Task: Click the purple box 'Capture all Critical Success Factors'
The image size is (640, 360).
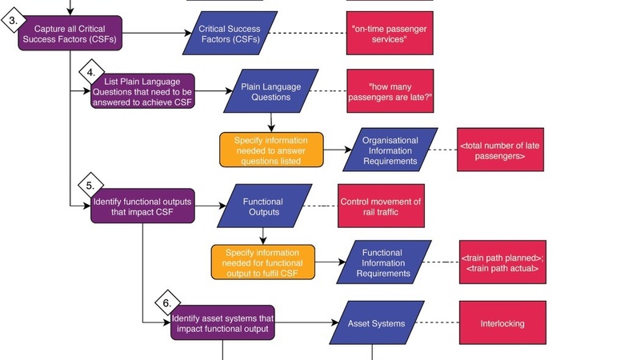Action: pyautogui.click(x=70, y=34)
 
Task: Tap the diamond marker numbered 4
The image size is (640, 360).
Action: pyautogui.click(x=91, y=72)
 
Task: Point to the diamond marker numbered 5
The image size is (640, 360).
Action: pyautogui.click(x=90, y=186)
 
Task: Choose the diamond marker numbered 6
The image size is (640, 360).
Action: pyautogui.click(x=166, y=303)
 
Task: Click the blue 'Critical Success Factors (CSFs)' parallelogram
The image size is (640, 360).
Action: pyautogui.click(x=230, y=34)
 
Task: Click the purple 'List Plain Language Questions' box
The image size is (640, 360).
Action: pyautogui.click(x=142, y=91)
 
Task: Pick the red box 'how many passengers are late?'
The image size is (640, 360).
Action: pyautogui.click(x=390, y=91)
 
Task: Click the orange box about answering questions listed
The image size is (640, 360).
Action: pyautogui.click(x=271, y=150)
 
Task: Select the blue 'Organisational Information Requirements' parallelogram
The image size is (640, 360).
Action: pyautogui.click(x=390, y=150)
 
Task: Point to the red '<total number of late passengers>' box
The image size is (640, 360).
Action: pyautogui.click(x=493, y=150)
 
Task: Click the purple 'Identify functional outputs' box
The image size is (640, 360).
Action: pyautogui.click(x=142, y=206)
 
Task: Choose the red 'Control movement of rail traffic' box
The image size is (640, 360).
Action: pyautogui.click(x=381, y=206)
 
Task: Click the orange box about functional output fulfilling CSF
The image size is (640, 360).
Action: pyautogui.click(x=263, y=262)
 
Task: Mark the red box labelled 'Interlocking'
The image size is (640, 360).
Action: pyautogui.click(x=502, y=323)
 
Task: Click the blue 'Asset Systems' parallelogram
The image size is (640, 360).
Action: pyautogui.click(x=376, y=323)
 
